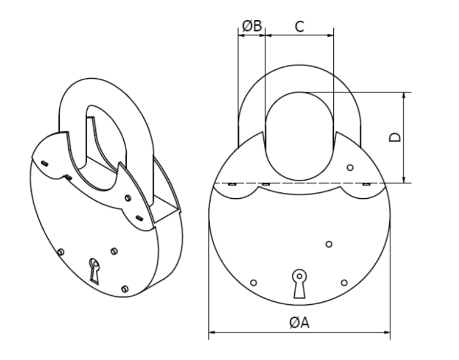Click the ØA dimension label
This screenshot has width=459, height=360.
point(299,323)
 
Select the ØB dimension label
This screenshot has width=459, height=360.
point(252,26)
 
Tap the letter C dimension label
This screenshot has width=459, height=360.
point(299,26)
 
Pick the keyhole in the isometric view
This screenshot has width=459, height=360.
point(94,271)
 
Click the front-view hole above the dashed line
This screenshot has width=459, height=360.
point(350,168)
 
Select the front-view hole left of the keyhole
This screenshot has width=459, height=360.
point(254,282)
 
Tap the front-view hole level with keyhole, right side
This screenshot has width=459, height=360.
point(344,282)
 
